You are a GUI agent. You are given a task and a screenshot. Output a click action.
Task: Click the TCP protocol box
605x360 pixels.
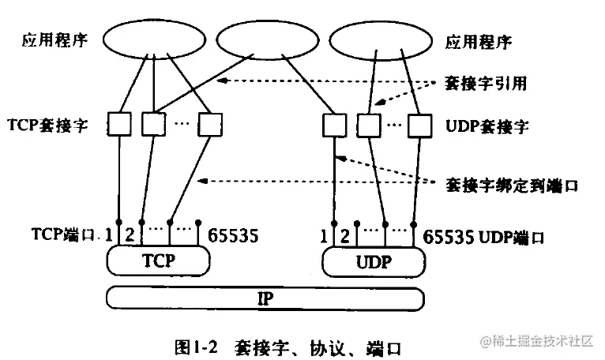tap(158, 261)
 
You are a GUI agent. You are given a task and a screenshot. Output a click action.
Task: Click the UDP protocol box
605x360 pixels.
tap(374, 262)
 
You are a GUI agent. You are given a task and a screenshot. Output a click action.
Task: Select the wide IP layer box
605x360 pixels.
tap(265, 298)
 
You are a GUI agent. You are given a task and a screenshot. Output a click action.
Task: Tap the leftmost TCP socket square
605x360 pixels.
tap(118, 124)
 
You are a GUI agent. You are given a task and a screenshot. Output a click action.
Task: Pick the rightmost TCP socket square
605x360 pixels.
tap(210, 125)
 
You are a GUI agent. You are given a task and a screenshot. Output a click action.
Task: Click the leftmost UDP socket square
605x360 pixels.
tap(334, 125)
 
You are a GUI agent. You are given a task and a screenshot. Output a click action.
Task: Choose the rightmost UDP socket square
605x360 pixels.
tap(420, 126)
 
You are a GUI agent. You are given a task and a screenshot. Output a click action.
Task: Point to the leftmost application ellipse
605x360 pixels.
tap(154, 39)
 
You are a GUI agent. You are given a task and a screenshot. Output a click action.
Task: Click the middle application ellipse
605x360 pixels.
tap(268, 40)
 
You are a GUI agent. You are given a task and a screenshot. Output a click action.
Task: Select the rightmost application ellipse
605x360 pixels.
tap(381, 41)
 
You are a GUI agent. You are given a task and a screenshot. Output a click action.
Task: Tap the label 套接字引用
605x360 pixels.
tap(486, 83)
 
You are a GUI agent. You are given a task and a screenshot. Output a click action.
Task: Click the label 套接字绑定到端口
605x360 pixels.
tap(512, 186)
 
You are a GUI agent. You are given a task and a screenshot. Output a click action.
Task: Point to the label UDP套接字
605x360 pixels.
tap(487, 126)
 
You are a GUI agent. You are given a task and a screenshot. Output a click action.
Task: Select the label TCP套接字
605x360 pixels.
tap(48, 126)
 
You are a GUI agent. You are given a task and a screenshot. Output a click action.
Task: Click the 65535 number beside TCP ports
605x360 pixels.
tap(233, 236)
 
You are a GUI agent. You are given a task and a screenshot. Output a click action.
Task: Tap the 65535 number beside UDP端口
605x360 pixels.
tap(449, 237)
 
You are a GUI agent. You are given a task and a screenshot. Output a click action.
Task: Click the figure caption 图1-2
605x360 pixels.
tap(196, 347)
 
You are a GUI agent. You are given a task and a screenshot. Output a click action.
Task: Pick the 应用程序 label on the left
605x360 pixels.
tap(54, 40)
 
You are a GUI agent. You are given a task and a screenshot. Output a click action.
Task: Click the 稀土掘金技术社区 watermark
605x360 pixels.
tap(536, 341)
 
